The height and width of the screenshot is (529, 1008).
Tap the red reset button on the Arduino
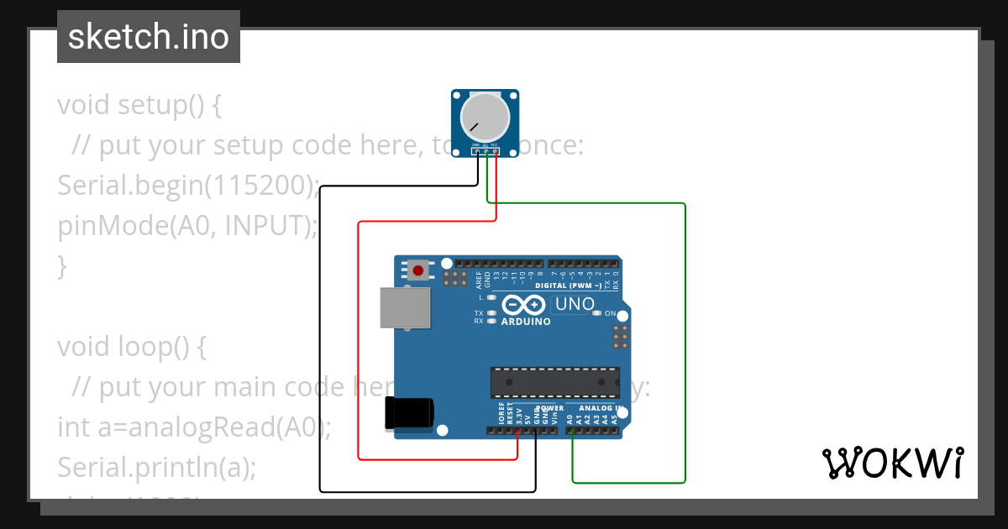[417, 270]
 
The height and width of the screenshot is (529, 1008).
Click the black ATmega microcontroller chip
[555, 382]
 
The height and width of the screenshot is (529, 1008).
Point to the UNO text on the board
[575, 304]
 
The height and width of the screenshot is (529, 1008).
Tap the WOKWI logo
[892, 463]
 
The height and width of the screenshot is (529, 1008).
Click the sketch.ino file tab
[149, 37]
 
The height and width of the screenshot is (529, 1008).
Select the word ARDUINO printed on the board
[526, 322]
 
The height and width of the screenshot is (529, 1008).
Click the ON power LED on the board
[597, 313]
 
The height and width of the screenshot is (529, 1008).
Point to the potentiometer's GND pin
[477, 151]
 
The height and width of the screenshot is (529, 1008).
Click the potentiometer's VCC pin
[496, 151]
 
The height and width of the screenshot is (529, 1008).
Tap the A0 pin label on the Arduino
[570, 417]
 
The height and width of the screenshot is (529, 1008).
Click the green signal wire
[685, 336]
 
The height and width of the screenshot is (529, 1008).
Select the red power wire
[360, 336]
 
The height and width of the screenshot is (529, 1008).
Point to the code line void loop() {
[132, 347]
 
